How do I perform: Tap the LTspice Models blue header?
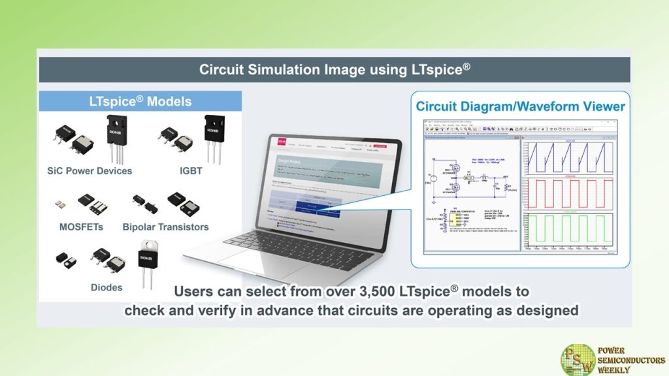[x=140, y=101]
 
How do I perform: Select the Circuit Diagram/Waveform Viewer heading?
[x=521, y=106]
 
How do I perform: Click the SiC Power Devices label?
[x=90, y=171]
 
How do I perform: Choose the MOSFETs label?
[x=80, y=227]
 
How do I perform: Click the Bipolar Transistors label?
[x=165, y=227]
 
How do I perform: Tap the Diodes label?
[x=106, y=287]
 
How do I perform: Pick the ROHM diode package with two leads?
[x=149, y=264]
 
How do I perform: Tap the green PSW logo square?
[x=578, y=360]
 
